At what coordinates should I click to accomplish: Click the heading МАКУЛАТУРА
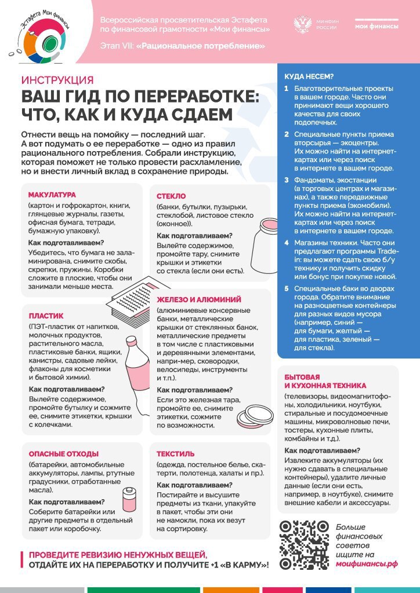point(52,195)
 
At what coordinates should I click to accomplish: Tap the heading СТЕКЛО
point(171,196)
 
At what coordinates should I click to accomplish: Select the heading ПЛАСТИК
point(46,316)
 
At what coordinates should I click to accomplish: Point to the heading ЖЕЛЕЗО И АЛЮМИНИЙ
point(199,299)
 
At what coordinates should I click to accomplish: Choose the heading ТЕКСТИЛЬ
point(176,453)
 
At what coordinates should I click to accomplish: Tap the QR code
point(304,545)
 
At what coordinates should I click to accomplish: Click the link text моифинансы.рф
point(367,563)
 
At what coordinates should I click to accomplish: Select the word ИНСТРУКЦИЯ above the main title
point(57,80)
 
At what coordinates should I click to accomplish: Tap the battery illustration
point(126,502)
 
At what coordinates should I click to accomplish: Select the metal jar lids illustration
point(255,415)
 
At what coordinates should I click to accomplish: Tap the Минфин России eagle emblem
point(304,25)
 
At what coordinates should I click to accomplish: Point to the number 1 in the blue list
point(287,89)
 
